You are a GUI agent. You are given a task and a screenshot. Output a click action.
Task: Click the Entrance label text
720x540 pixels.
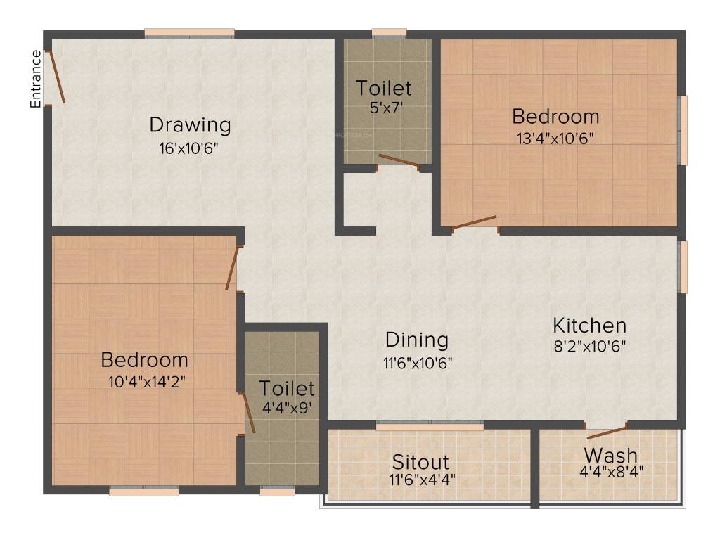(35, 79)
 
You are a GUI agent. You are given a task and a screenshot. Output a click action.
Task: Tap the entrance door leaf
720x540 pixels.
(57, 77)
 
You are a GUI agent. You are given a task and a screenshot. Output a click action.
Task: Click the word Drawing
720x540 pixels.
(190, 125)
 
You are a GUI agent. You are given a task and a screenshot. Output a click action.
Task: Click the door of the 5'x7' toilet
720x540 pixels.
(399, 162)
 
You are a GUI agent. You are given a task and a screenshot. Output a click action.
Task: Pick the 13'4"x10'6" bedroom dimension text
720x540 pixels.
(555, 138)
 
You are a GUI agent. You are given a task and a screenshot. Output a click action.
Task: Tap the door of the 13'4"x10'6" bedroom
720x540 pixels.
(475, 223)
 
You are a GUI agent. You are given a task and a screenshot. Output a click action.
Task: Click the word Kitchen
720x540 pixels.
(589, 326)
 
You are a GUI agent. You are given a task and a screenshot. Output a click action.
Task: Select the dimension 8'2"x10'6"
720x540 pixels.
(589, 346)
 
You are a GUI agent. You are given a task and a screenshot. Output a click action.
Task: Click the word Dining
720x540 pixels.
(417, 340)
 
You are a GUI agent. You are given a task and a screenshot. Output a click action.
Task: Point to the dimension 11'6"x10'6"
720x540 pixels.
(417, 363)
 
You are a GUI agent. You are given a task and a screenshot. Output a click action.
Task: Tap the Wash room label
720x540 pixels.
(610, 454)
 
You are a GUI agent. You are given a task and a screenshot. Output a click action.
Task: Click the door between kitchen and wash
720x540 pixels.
(607, 432)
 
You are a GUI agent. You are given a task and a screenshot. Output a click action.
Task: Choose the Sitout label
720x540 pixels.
(420, 462)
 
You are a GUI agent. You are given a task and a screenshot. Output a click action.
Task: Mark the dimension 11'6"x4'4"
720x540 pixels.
(420, 482)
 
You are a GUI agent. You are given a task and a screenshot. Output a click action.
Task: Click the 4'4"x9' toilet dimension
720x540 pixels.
(287, 408)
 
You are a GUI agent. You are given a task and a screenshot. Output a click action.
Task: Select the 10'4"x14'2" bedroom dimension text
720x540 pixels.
(145, 381)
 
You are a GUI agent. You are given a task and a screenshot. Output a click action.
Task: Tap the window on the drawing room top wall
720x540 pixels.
(190, 32)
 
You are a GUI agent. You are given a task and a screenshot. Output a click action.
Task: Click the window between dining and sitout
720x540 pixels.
(430, 425)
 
